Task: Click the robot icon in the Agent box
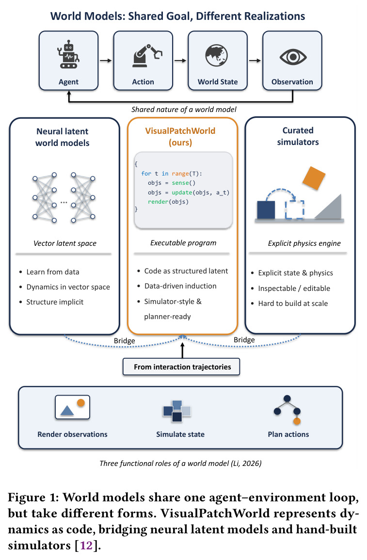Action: coord(68,54)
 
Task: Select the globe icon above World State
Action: coord(217,55)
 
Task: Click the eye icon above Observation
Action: coord(293,57)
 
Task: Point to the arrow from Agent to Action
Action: coord(106,61)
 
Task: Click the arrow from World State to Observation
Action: coord(255,61)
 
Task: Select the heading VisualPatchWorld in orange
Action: coord(180,131)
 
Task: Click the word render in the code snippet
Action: coord(158,202)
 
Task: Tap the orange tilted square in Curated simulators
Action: coord(314,178)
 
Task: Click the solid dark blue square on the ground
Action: coord(266,209)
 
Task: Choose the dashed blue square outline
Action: coord(295,209)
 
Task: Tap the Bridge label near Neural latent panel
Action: coord(124,341)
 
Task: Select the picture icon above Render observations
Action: coord(72,407)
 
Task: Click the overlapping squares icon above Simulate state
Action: coord(177,411)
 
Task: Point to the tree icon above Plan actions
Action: coord(287,410)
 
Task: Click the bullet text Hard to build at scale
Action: coord(293,304)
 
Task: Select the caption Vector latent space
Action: coord(65,243)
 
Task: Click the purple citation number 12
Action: coord(86,546)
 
